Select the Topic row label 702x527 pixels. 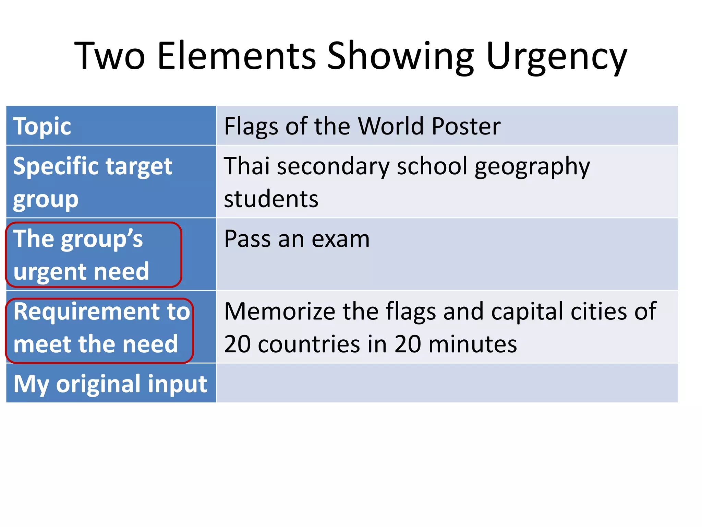(42, 126)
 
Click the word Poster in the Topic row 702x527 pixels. (466, 126)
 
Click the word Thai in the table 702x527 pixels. (246, 166)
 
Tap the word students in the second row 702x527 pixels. (271, 199)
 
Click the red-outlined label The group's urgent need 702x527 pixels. (93, 255)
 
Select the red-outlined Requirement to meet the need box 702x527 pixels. (99, 331)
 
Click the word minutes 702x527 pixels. (472, 344)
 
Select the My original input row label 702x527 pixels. (110, 384)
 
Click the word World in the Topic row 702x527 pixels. (391, 126)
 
